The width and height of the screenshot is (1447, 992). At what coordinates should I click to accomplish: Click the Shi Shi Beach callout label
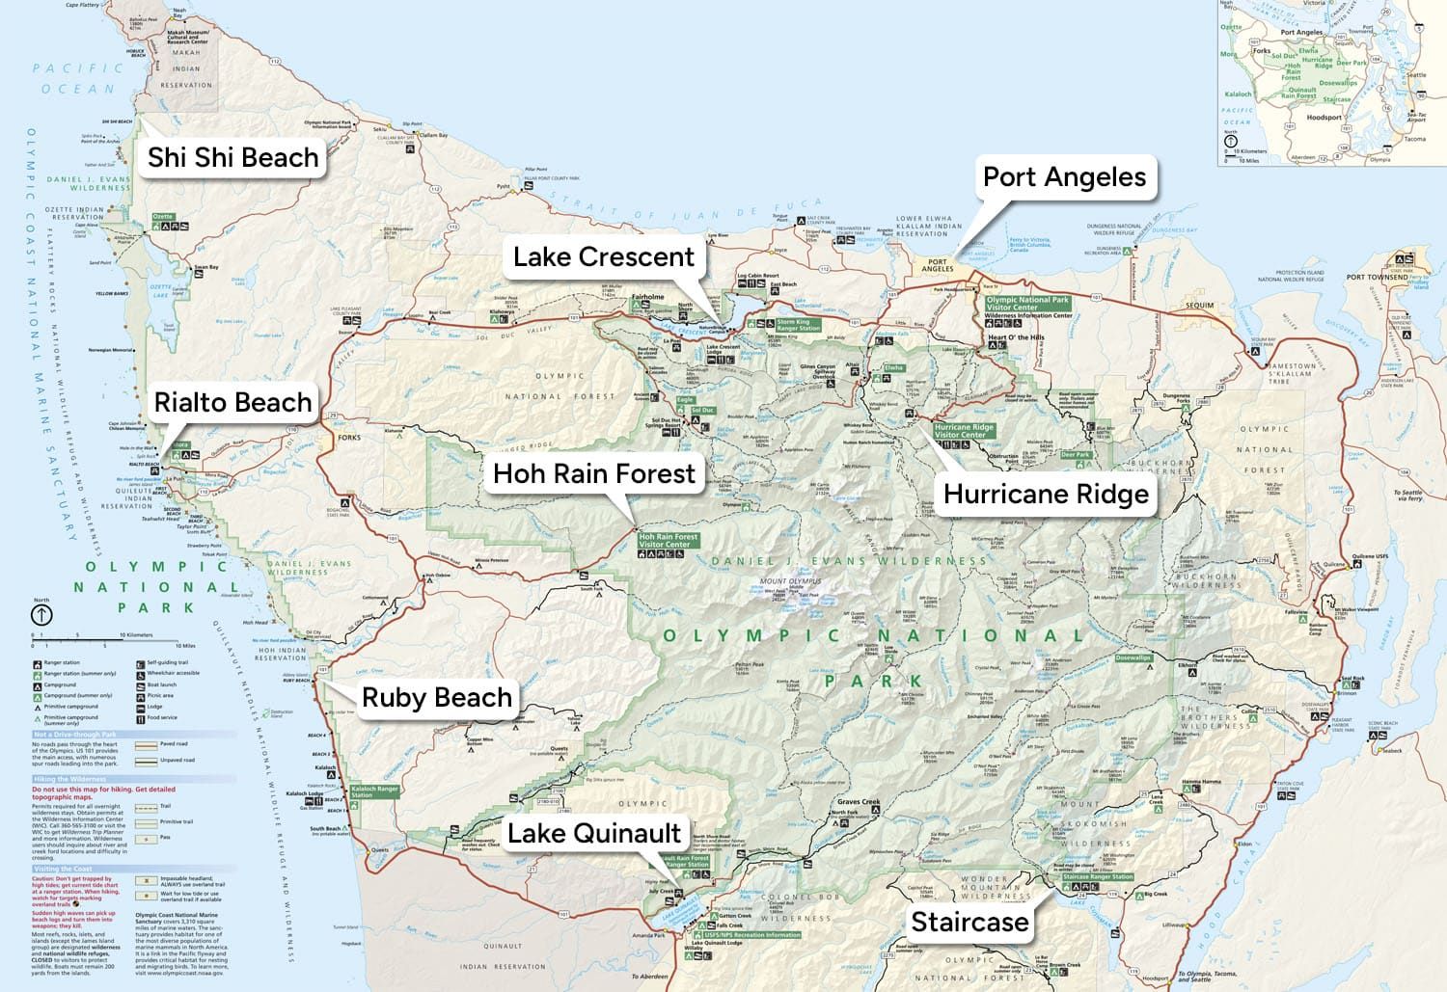pos(232,157)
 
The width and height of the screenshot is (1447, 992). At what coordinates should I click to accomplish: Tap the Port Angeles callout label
pos(1064,177)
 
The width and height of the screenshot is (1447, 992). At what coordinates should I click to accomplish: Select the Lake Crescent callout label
pos(604,257)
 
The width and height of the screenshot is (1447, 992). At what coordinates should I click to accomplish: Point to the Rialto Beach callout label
pos(233,402)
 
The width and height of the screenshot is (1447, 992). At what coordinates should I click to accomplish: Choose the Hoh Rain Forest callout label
pos(594,474)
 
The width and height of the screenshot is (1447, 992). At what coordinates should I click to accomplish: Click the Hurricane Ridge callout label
pos(1046,495)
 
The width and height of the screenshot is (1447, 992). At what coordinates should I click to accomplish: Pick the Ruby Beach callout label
pos(436,698)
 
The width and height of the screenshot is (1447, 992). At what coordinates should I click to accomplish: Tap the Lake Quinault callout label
pos(594,834)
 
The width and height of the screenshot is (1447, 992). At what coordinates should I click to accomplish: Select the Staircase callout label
pos(969,923)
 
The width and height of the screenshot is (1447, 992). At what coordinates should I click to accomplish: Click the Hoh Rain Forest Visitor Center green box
pos(668,541)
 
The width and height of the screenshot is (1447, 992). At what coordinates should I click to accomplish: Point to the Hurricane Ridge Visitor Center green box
pos(964,431)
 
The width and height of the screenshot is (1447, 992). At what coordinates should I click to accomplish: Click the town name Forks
pos(349,438)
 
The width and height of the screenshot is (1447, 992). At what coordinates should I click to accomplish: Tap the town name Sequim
pos(1200,306)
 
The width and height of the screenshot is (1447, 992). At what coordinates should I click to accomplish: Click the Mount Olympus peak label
pos(791,581)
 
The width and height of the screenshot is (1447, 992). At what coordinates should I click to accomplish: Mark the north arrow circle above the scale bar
pos(42,614)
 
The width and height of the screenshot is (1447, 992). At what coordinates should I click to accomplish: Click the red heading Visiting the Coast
pos(64,870)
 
